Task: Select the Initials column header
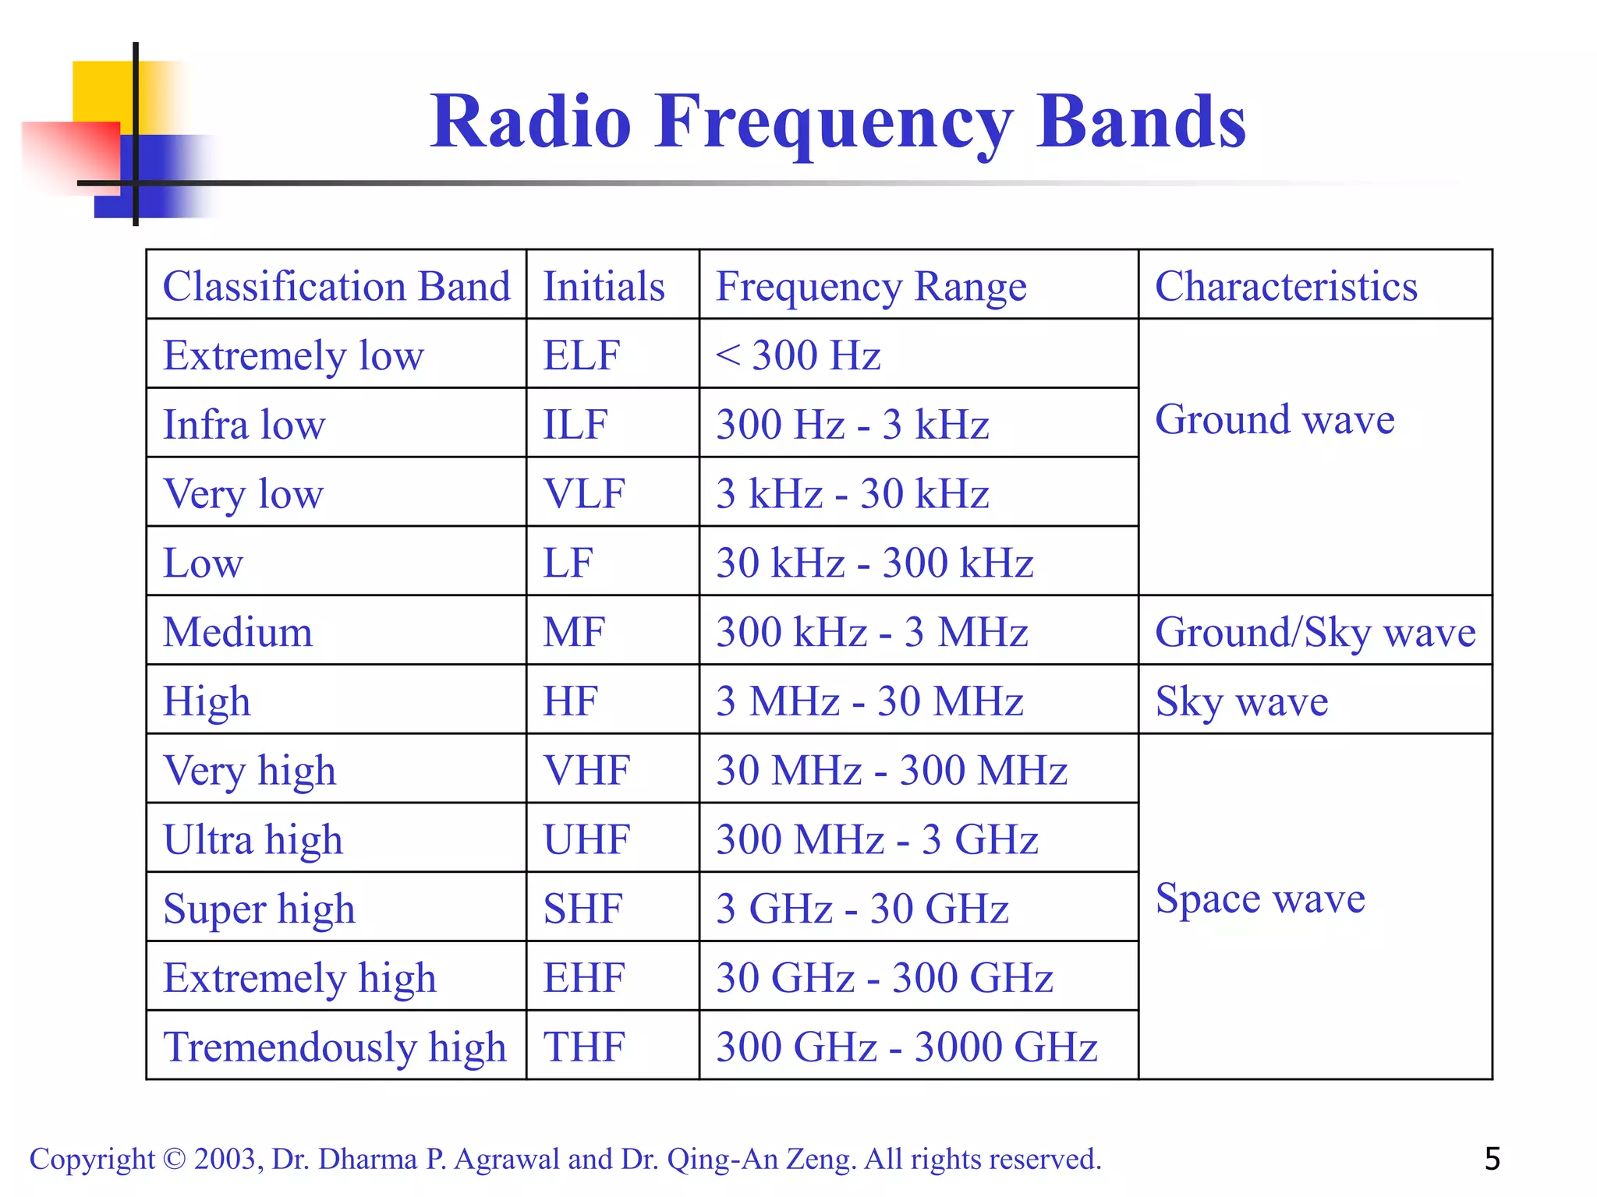[604, 286]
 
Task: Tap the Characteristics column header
[1286, 286]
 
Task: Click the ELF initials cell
[582, 355]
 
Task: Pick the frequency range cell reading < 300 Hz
[798, 355]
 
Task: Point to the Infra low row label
[244, 425]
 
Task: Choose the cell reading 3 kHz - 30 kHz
[852, 494]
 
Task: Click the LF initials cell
[568, 563]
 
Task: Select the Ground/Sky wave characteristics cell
[1315, 632]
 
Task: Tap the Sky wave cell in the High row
[1241, 701]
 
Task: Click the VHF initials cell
[586, 771]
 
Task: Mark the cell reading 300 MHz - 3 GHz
[876, 840]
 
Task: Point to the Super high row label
[259, 909]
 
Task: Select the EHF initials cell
[584, 978]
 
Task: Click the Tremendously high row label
[335, 1047]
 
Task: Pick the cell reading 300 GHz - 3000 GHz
[906, 1047]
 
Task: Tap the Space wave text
[1260, 899]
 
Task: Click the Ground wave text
[1274, 420]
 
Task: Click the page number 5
[1492, 1159]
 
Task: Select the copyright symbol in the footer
[175, 1160]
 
